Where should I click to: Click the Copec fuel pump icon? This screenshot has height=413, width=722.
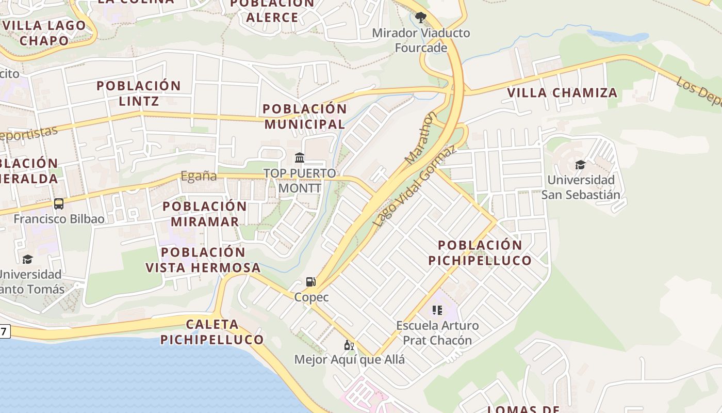310,282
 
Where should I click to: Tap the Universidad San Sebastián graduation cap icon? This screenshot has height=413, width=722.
580,165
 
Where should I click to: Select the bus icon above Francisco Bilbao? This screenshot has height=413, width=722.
59,204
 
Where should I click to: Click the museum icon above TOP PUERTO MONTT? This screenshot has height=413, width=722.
300,157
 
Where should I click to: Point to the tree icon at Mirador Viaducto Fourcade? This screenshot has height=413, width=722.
421,17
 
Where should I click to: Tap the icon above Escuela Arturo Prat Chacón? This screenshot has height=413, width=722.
437,310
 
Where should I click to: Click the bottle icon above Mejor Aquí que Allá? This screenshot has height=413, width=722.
349,345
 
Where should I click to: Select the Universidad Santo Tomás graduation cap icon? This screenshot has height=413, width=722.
27,259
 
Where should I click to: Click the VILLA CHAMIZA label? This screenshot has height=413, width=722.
562,93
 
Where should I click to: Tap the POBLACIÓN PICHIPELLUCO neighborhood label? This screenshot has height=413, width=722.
480,252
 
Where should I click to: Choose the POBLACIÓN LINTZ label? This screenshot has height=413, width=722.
139,93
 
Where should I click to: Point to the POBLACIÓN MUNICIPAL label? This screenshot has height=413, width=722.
304,116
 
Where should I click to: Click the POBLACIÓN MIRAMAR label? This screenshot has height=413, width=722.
205,214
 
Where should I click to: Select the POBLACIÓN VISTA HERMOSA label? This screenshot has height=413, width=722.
203,260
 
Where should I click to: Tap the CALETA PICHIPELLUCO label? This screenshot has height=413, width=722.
212,332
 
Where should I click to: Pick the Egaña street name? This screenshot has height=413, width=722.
199,176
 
